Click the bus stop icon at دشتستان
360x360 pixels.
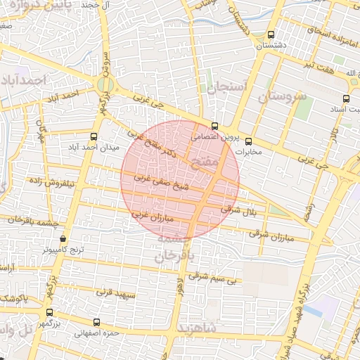pos(271,34)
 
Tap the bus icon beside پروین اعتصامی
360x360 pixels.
pos(215,127)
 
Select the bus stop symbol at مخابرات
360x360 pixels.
pos(247,141)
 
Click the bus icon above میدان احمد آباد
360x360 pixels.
pos(94,136)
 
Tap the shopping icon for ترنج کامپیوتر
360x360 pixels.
pos(63,238)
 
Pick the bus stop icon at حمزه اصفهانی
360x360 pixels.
pos(96,322)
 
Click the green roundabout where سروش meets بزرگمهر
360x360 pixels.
pos(105,86)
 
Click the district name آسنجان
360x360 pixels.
pos(226,88)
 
